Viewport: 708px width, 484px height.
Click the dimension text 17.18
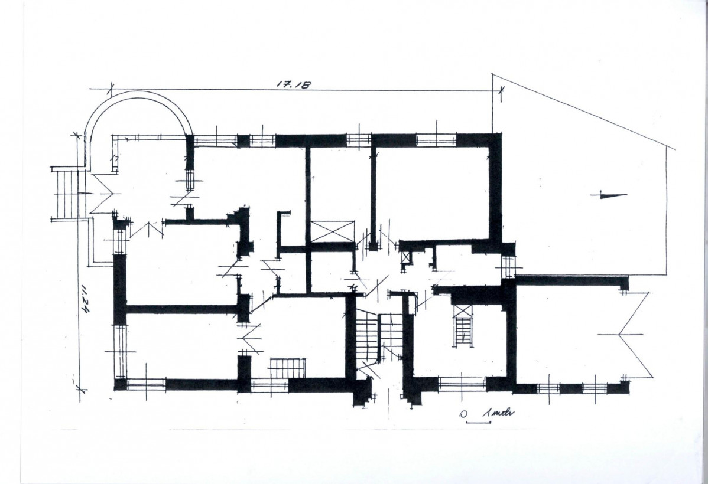point(294,84)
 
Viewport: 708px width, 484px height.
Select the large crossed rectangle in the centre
point(332,231)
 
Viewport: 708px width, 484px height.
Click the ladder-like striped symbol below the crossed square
point(463,332)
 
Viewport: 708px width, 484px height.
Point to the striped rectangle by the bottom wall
point(287,367)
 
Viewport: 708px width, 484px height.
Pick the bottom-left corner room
point(181,345)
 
